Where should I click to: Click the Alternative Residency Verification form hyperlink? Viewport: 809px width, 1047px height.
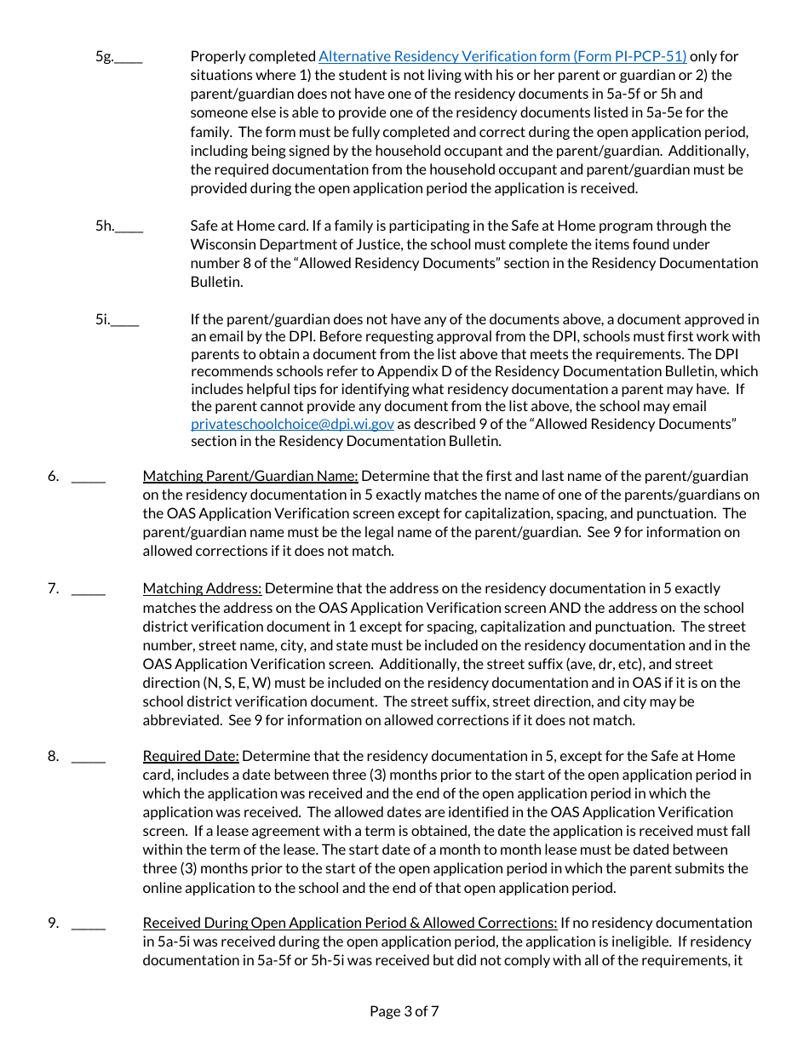[x=502, y=56]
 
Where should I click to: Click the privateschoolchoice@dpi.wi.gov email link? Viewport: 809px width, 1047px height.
[x=292, y=423]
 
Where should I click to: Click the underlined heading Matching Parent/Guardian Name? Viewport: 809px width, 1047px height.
[x=250, y=476]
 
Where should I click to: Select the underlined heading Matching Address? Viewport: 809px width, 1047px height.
[x=203, y=588]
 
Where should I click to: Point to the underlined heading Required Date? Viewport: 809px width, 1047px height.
[x=191, y=756]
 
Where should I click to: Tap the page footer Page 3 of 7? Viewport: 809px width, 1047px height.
[x=404, y=1011]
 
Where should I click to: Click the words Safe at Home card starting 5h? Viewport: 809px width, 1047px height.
[x=248, y=226]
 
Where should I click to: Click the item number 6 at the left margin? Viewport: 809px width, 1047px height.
[x=53, y=476]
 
